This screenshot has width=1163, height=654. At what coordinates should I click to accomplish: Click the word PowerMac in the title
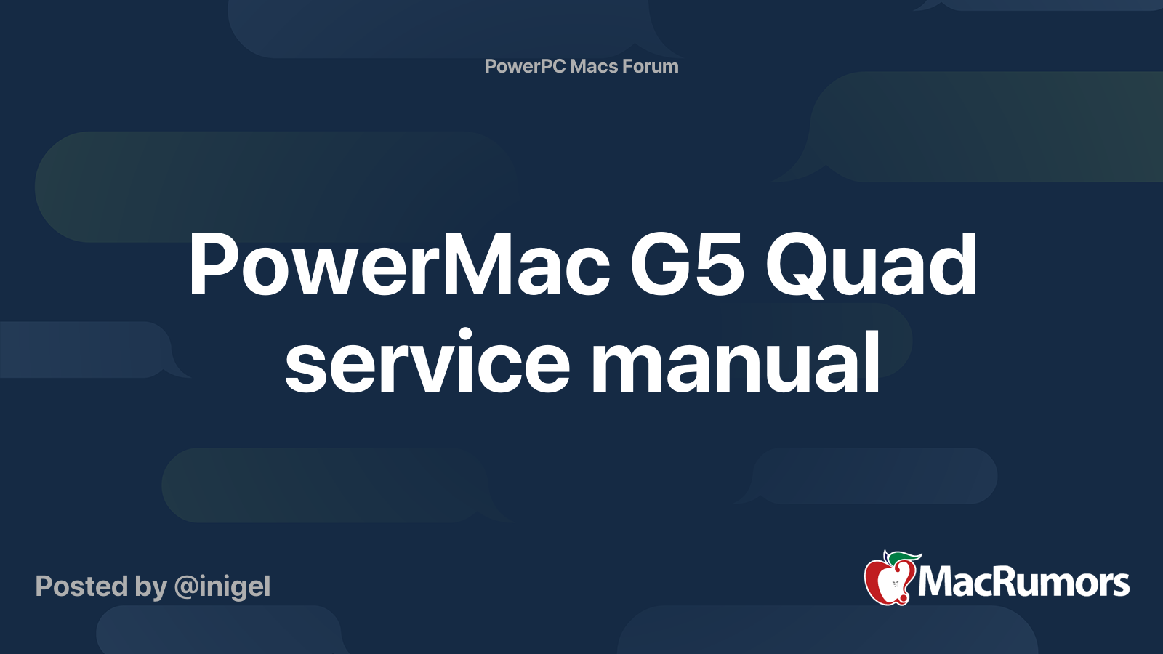click(399, 266)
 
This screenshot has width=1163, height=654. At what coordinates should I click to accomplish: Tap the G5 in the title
click(687, 266)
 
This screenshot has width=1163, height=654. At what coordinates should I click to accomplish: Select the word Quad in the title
click(871, 266)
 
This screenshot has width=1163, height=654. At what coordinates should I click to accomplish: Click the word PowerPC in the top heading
click(525, 66)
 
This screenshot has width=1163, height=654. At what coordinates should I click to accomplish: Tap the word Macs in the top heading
click(594, 66)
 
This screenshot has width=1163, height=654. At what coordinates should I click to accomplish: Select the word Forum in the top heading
click(651, 66)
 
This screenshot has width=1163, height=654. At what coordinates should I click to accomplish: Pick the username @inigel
click(222, 586)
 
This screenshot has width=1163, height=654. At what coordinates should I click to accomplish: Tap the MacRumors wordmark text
click(1023, 583)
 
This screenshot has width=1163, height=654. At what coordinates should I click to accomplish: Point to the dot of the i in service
click(464, 336)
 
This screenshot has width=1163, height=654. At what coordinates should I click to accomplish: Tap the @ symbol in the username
click(186, 587)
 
